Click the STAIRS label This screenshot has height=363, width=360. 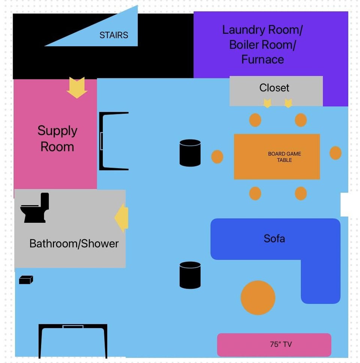114,35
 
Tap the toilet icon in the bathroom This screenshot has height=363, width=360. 35,208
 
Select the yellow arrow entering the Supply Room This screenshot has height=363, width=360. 77,87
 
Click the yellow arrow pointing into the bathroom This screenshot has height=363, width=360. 121,217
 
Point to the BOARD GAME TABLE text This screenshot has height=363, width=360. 285,157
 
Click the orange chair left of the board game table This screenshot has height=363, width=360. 217,157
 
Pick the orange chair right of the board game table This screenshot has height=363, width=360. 336,153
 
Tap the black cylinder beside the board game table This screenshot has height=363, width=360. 190,153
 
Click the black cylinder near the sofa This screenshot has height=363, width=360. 190,275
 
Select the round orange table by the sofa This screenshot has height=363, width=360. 258,298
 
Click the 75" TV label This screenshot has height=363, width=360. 281,344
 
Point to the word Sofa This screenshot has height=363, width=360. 274,238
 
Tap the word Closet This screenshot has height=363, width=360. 274,88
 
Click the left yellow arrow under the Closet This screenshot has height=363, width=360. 267,103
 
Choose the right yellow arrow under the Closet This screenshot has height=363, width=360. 288,103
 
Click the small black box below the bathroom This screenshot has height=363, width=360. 26,280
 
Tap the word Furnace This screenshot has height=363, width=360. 262,60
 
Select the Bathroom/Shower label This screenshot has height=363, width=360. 74,244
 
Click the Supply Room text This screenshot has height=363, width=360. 57,138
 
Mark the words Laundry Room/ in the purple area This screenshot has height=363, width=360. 262,30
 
